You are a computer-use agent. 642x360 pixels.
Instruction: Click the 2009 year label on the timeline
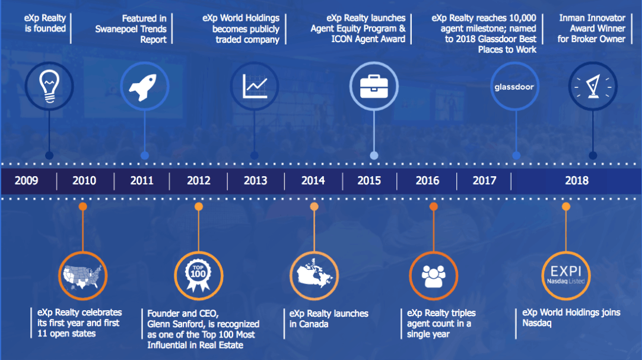[x=26, y=180]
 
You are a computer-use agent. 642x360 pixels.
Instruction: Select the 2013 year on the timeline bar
[x=256, y=180]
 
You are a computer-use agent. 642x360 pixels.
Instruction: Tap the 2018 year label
[x=577, y=180]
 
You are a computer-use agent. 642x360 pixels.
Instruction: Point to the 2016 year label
[x=427, y=180]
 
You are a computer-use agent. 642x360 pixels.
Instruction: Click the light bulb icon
[x=49, y=86]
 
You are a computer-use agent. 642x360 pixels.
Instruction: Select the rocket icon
[x=143, y=87]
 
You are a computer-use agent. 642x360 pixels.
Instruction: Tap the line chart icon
[x=255, y=86]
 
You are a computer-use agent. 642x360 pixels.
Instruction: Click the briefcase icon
[x=374, y=86]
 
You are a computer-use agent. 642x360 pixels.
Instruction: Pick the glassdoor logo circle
[x=514, y=87]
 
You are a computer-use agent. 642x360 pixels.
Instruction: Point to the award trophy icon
[x=593, y=86]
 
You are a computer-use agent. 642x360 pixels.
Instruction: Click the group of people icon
[x=433, y=276]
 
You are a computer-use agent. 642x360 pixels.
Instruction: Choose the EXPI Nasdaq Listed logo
[x=566, y=275]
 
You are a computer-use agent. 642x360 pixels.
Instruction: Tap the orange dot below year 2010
[x=82, y=206]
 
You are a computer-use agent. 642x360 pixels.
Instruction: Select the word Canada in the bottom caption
[x=314, y=324]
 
